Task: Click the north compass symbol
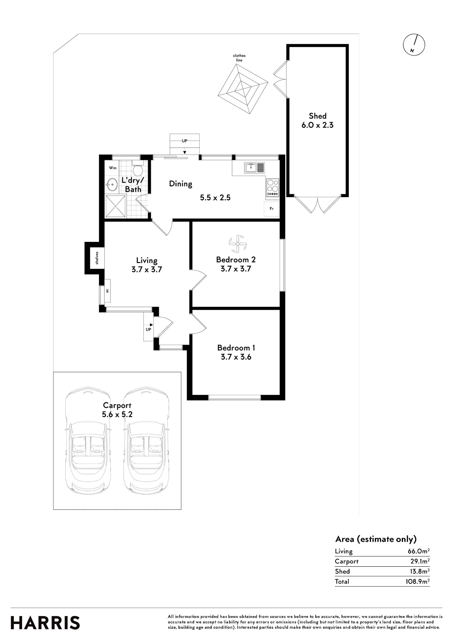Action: coord(414,45)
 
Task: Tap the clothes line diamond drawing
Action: coord(243,89)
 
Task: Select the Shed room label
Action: coord(317,116)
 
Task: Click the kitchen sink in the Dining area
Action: coord(254,167)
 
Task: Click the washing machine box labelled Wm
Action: coord(113,168)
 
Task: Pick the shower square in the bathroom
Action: coord(116,206)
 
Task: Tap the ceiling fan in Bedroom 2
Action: coord(238,244)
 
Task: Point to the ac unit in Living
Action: coord(107,291)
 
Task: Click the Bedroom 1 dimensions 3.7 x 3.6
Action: coord(236,357)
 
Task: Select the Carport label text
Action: coord(117,406)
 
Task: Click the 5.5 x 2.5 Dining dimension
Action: coord(215,198)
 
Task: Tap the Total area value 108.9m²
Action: coord(417,582)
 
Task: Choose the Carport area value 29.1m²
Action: coord(420,561)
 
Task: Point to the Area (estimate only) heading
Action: coord(376,539)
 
